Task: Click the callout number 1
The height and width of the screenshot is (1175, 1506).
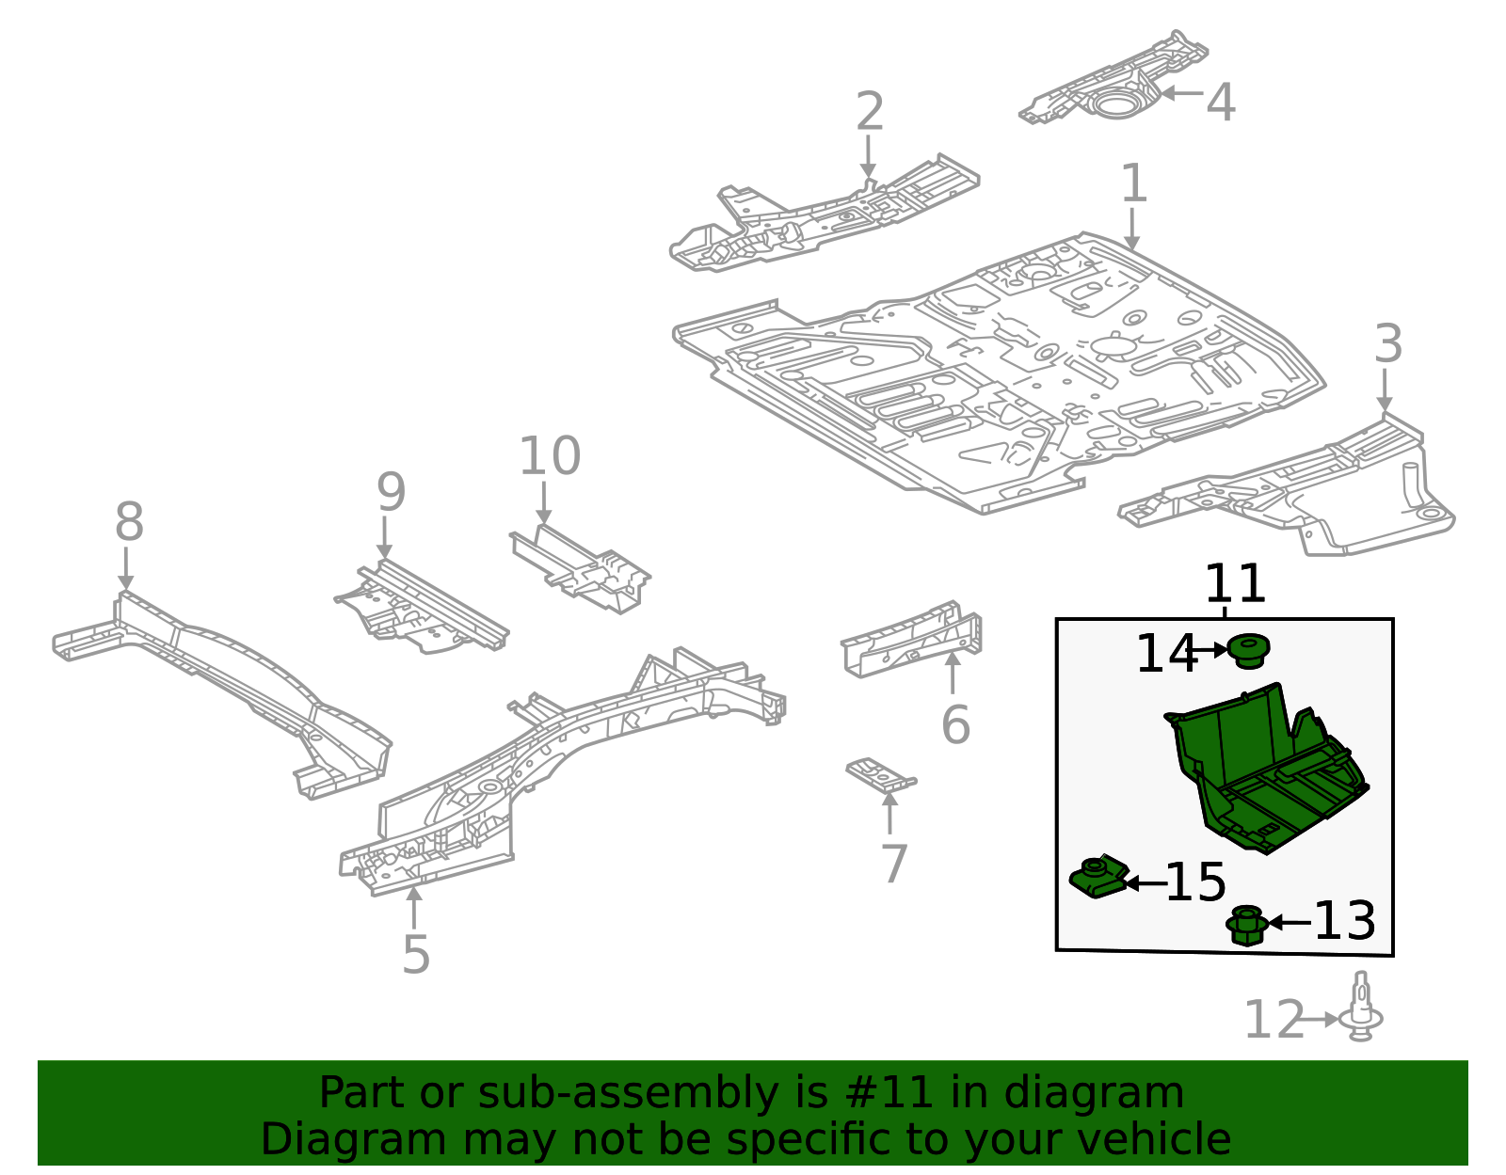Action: (1133, 183)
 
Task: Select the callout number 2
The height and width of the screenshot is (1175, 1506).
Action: (870, 112)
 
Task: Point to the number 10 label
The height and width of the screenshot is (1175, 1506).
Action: (550, 456)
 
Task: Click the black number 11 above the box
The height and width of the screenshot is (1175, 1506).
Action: (1235, 584)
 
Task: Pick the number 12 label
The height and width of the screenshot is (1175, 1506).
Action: (1274, 1021)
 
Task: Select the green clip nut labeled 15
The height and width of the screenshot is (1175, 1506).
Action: (1098, 877)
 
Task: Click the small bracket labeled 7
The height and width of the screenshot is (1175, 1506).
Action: (880, 774)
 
